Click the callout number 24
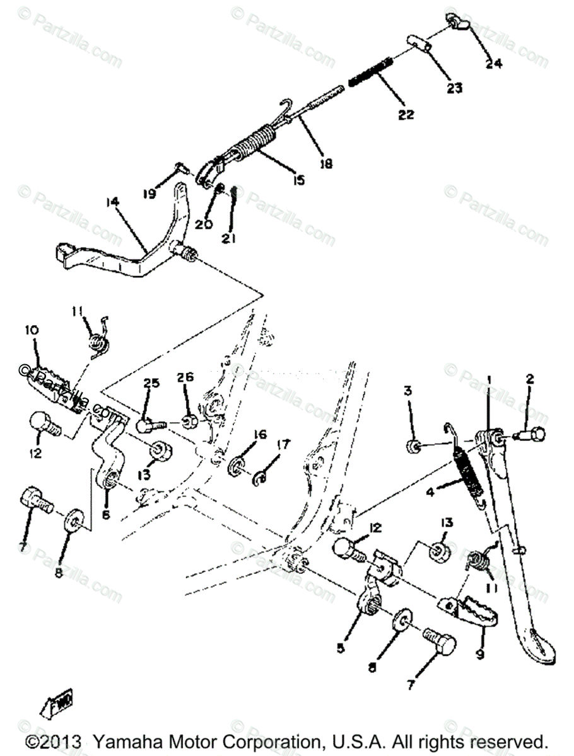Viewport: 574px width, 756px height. click(494, 63)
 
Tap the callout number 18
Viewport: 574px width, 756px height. click(325, 163)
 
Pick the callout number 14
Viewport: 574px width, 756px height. click(112, 203)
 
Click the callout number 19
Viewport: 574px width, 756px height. click(149, 195)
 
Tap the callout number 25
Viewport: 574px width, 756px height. click(151, 382)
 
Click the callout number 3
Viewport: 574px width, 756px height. click(409, 391)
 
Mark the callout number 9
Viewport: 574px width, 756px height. click(481, 655)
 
